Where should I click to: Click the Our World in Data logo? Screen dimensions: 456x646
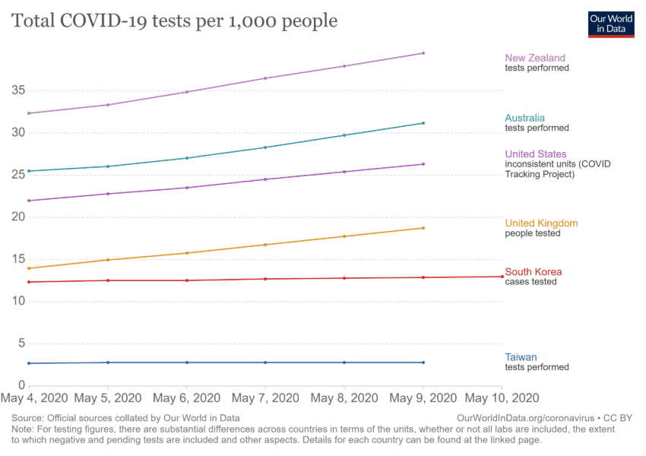tap(611, 24)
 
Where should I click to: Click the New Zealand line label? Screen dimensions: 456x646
tap(535, 58)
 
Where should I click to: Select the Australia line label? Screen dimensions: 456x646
tap(524, 118)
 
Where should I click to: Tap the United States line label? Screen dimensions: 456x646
tap(536, 154)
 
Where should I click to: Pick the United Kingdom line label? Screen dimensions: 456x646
tap(541, 223)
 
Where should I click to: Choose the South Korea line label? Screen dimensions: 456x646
tap(534, 272)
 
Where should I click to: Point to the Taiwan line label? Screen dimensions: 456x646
tap(521, 357)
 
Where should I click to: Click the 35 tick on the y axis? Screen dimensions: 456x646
tap(19, 90)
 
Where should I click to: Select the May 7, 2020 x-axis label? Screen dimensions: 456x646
tap(265, 398)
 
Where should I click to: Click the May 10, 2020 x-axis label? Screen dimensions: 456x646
tap(502, 398)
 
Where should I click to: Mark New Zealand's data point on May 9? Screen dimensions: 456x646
tap(423, 53)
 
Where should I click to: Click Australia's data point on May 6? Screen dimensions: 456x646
tap(187, 158)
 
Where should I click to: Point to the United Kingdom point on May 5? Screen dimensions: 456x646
tap(108, 260)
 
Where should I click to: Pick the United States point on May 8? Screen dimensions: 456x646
tap(344, 172)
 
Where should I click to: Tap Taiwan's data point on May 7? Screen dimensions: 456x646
tap(265, 363)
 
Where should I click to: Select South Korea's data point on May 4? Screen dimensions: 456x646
tap(29, 282)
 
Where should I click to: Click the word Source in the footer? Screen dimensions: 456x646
tap(27, 418)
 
